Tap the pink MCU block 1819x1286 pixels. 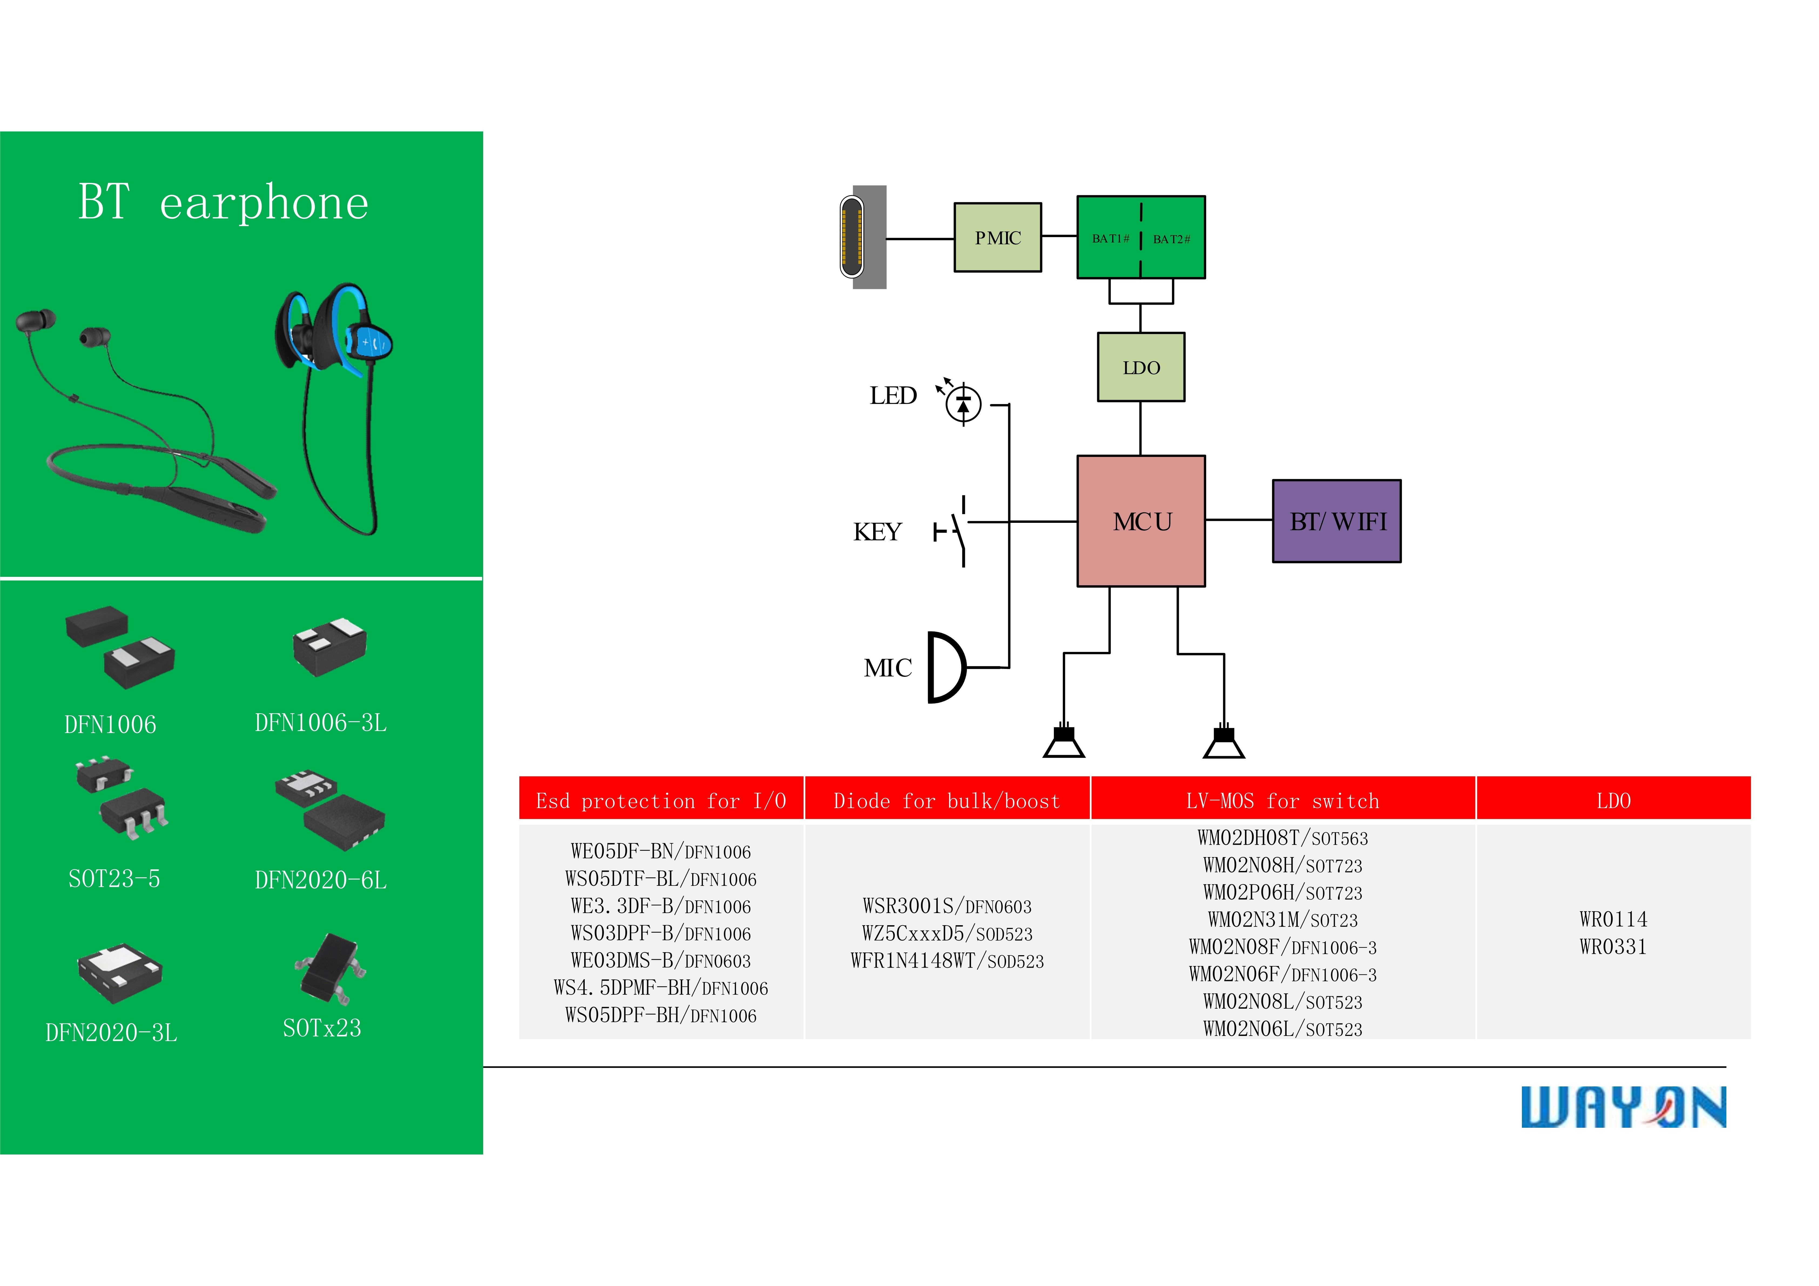1141,521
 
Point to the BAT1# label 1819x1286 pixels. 1110,238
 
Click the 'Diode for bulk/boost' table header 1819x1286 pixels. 947,801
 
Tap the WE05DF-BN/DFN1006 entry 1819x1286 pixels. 661,852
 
